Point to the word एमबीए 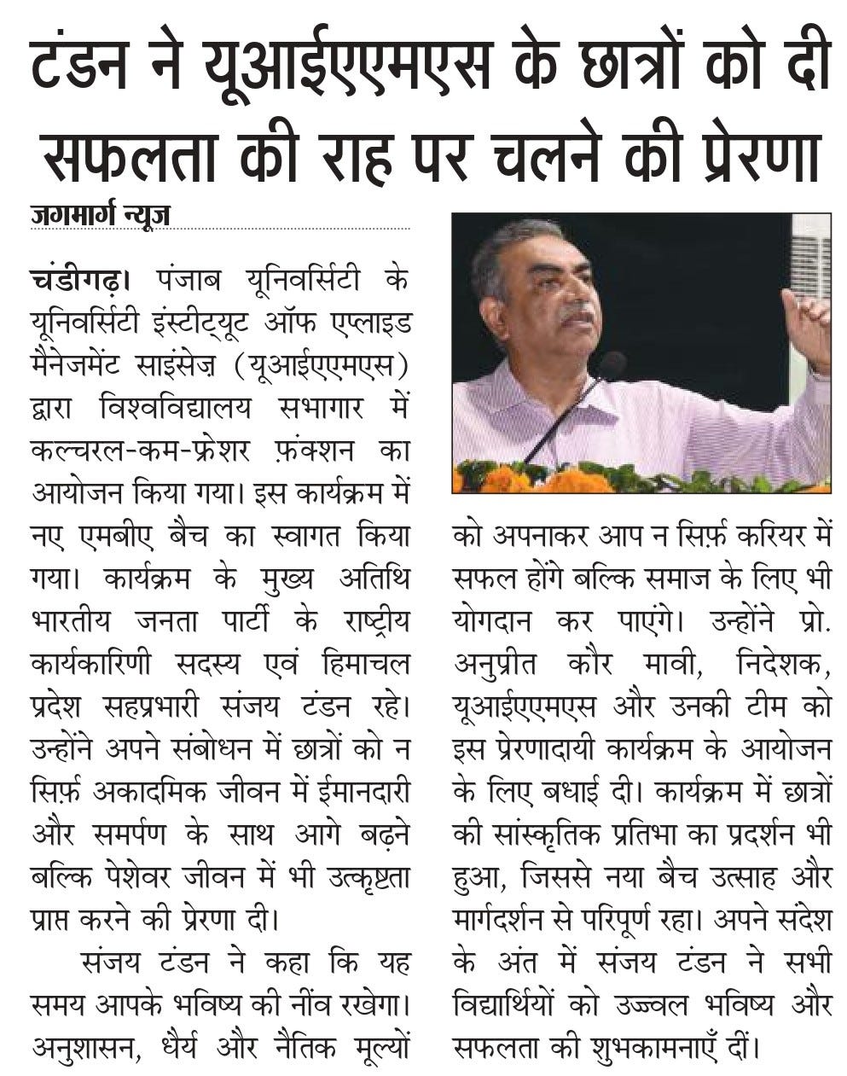pos(119,538)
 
